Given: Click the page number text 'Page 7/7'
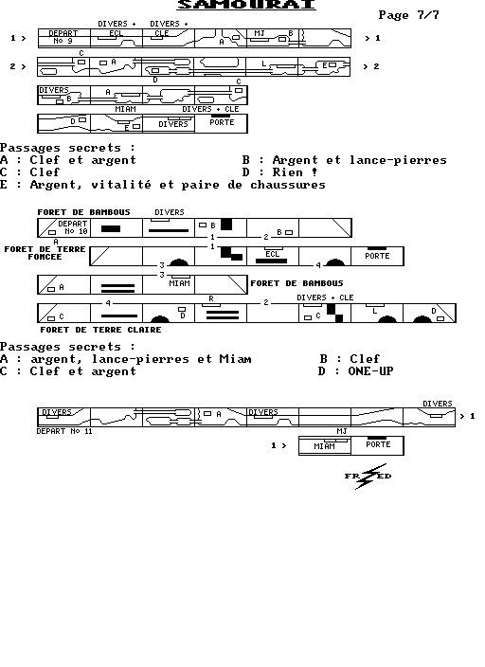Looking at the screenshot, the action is tap(408, 15).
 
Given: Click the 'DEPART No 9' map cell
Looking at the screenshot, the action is tap(64, 38).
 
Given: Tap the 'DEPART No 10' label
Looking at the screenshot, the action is tap(73, 227).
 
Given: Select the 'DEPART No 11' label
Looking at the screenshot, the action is tap(64, 431).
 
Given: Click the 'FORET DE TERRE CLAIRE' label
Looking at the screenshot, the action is tap(100, 330).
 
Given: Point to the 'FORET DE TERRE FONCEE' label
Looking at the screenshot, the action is tap(45, 253).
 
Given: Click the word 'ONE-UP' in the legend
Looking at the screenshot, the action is tap(370, 371).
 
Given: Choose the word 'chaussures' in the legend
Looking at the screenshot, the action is tap(288, 185).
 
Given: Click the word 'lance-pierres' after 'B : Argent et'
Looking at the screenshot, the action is tap(398, 160).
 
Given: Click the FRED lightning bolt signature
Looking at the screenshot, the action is tap(368, 477).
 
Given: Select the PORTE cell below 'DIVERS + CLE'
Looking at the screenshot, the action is tap(222, 123).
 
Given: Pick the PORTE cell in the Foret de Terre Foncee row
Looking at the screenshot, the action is tap(377, 256).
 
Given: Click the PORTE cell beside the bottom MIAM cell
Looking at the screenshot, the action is tap(377, 445).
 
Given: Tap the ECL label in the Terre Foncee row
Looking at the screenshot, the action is tap(272, 254).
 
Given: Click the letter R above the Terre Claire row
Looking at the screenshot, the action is tap(211, 299).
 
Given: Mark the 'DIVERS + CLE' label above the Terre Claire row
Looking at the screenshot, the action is tap(325, 297).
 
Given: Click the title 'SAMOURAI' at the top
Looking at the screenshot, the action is tap(246, 4).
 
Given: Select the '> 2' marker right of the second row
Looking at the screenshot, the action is tap(371, 66).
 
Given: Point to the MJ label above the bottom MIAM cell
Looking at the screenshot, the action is tap(342, 431).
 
